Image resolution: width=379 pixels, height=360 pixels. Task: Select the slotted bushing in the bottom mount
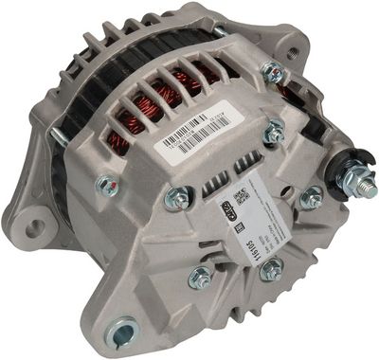pos(122,333)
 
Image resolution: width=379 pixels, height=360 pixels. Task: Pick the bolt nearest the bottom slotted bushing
pos(199,278)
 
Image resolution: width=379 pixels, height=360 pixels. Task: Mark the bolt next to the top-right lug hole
pos(274,70)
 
